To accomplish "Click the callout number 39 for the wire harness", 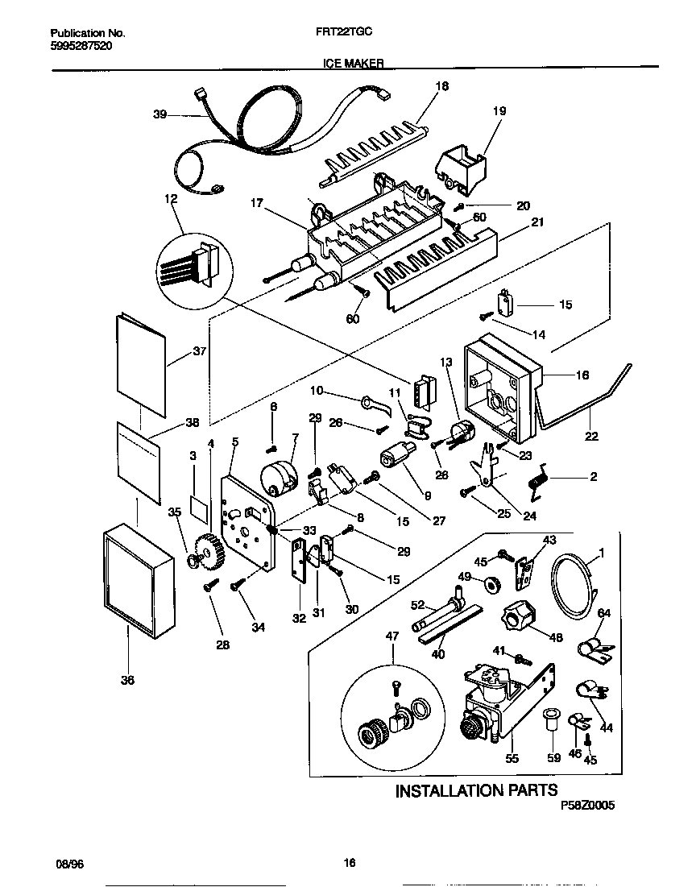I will pos(159,115).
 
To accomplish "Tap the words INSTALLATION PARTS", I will pos(476,790).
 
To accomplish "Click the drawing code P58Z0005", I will pos(590,805).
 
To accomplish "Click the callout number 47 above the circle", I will pos(393,636).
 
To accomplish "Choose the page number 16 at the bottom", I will pos(349,863).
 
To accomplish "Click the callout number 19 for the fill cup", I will pos(499,111).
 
